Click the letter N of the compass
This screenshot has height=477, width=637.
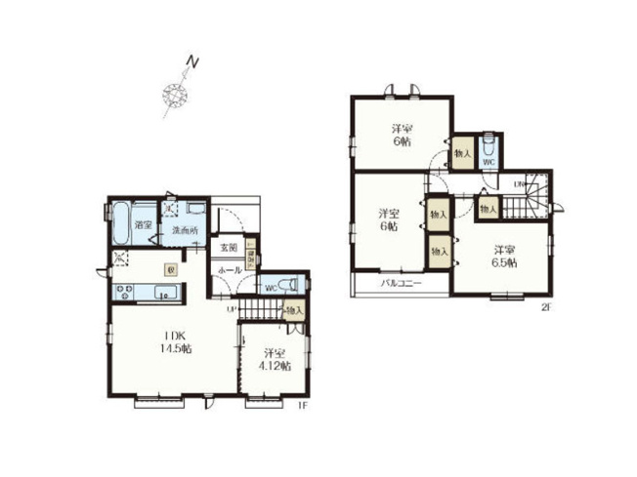pyautogui.click(x=193, y=65)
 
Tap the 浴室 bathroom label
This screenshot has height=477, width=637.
pyautogui.click(x=144, y=225)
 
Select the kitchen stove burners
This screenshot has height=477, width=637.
pyautogui.click(x=125, y=290)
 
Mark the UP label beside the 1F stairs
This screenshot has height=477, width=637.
pyautogui.click(x=232, y=309)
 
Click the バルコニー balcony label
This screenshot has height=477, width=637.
pyautogui.click(x=401, y=284)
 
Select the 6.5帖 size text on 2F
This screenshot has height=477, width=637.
pyautogui.click(x=504, y=261)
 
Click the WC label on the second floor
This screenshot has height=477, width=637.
pyautogui.click(x=488, y=162)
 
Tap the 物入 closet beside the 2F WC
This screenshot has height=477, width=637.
pyautogui.click(x=461, y=153)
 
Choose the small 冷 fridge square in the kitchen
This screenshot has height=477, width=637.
pyautogui.click(x=170, y=270)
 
